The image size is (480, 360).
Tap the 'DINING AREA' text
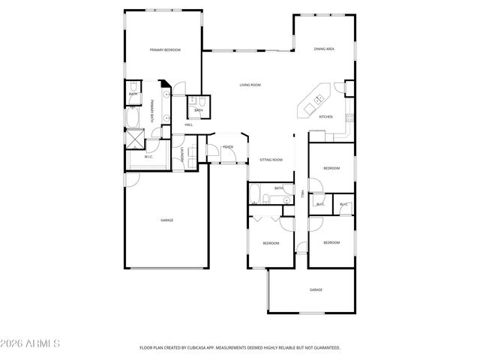point(324,49)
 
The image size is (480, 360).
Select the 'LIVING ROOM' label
point(250,85)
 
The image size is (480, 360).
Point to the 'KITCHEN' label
point(325,117)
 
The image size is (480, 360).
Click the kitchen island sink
point(317,99)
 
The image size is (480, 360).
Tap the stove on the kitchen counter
point(347,117)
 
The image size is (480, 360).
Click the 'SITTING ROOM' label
point(271,160)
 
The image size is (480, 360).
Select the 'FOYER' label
point(227,147)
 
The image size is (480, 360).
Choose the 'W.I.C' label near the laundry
point(148,157)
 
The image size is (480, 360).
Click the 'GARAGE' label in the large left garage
point(166,220)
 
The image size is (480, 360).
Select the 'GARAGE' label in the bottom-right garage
point(316,289)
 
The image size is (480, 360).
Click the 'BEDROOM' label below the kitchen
point(331,169)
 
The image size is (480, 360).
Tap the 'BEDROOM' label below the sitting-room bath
point(271,243)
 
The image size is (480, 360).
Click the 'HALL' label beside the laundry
point(189,124)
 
